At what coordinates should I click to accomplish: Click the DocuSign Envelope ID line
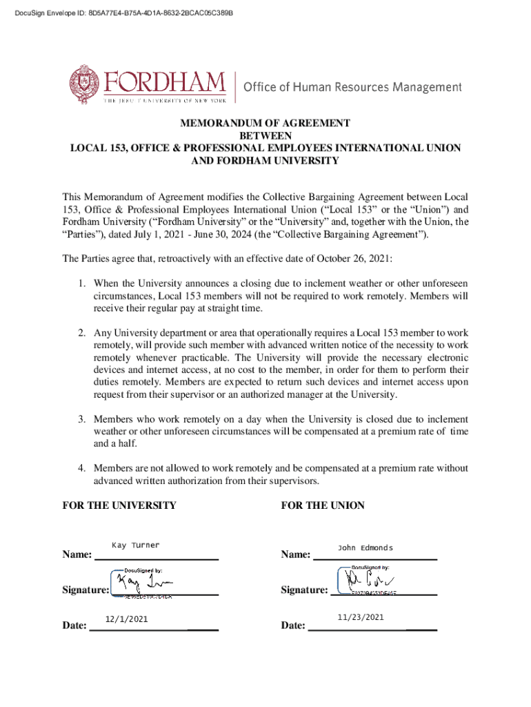(123, 13)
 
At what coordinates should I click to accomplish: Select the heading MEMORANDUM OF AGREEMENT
(265, 123)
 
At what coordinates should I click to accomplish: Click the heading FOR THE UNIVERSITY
(119, 505)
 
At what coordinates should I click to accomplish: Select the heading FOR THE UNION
(323, 505)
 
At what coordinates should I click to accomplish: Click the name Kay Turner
(135, 545)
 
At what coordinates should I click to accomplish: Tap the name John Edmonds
(365, 548)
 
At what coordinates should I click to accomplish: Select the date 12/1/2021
(126, 619)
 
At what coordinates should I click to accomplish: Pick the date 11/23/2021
(361, 617)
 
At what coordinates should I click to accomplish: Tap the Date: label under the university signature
(74, 626)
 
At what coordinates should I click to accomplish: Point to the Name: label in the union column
(296, 554)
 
